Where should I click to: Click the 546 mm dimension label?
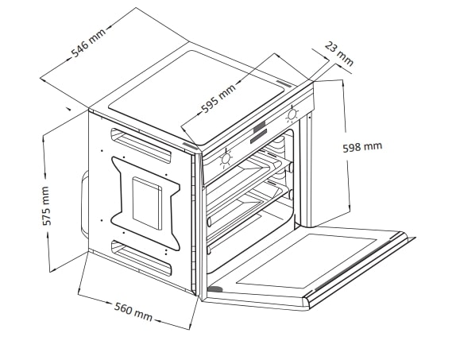coord(89,43)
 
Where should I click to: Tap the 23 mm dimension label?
coord(338,54)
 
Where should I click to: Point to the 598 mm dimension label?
coord(362,147)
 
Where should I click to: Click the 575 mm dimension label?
coord(47,206)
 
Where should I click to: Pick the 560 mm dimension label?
coord(133,312)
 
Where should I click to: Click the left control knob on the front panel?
coord(226,159)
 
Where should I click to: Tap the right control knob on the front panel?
coord(292,114)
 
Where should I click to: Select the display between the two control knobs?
coord(259,133)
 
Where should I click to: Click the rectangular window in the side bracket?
coord(147,203)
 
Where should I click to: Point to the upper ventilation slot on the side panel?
coord(141,145)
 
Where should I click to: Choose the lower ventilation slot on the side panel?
coord(141,257)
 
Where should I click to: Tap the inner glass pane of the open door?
coord(305,261)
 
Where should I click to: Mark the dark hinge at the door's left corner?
coord(215,289)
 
